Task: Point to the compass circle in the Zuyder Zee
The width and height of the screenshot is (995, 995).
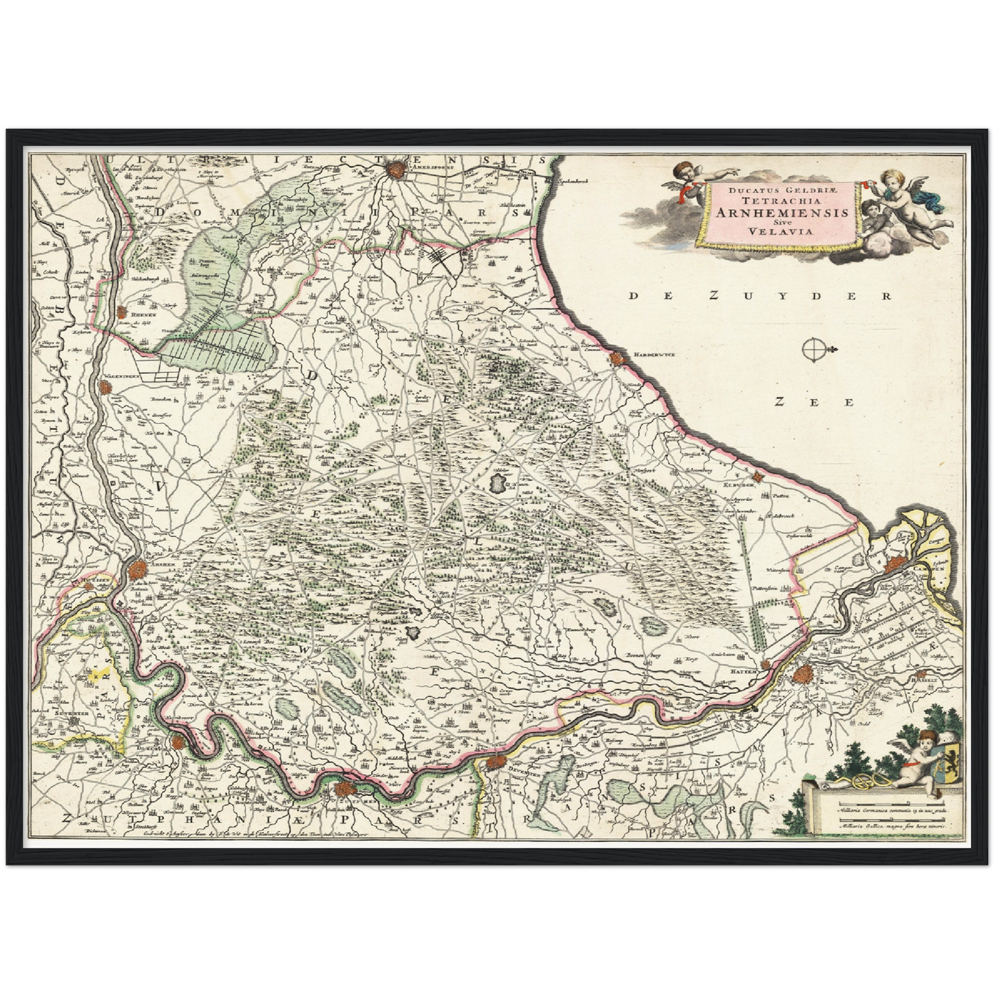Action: click(813, 350)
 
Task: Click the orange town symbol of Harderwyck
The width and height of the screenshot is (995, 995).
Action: click(615, 358)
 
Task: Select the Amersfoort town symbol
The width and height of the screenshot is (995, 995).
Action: click(396, 167)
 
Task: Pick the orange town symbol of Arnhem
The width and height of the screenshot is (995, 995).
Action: click(138, 570)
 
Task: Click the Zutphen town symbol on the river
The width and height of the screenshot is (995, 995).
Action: click(345, 790)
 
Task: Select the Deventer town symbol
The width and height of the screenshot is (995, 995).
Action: click(495, 762)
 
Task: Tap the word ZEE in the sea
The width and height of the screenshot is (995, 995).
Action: click(813, 402)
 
